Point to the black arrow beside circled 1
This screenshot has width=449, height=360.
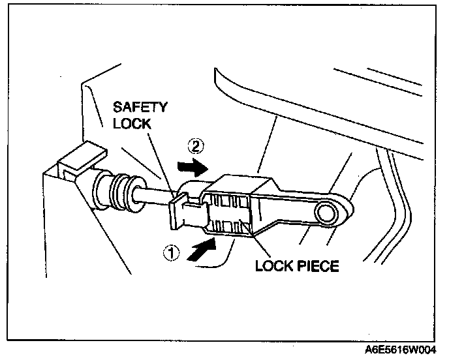point(201,250)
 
